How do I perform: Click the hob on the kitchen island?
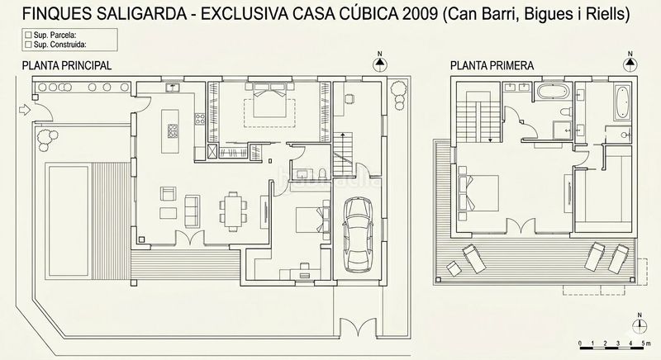pyautogui.click(x=174, y=130)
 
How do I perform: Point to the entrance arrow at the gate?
pyautogui.click(x=22, y=110)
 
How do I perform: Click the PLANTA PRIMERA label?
pyautogui.click(x=492, y=64)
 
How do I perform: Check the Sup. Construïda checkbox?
pyautogui.click(x=31, y=47)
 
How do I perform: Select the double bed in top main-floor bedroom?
pyautogui.click(x=266, y=108)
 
